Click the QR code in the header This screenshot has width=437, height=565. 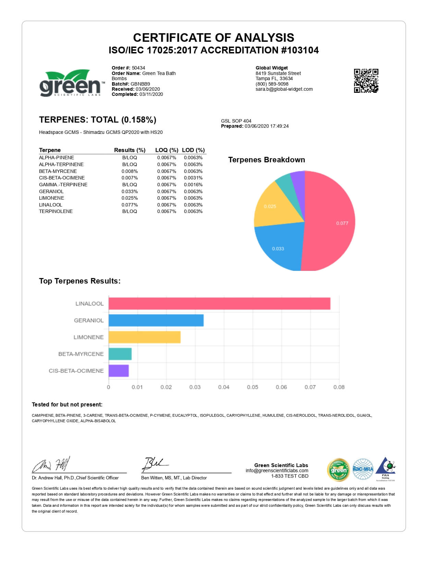[366, 81]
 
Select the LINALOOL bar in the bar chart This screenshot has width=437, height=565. [219, 304]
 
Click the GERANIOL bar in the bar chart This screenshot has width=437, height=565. [156, 321]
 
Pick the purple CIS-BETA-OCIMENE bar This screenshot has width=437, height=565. [119, 371]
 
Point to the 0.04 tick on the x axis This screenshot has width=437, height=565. [223, 387]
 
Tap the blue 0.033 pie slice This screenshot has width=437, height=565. [279, 247]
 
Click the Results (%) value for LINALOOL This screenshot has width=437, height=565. [130, 205]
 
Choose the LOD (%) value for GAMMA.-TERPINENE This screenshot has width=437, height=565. [193, 185]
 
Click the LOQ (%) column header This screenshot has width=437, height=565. [167, 150]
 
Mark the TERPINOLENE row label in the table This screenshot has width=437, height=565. [56, 211]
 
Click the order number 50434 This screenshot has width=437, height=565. [138, 68]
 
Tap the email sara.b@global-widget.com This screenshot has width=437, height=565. [284, 89]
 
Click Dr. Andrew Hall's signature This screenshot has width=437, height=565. [51, 465]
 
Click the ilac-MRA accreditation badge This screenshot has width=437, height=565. [363, 469]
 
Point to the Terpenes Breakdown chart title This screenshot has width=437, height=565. [266, 160]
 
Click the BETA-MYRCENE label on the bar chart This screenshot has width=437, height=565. [81, 354]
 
